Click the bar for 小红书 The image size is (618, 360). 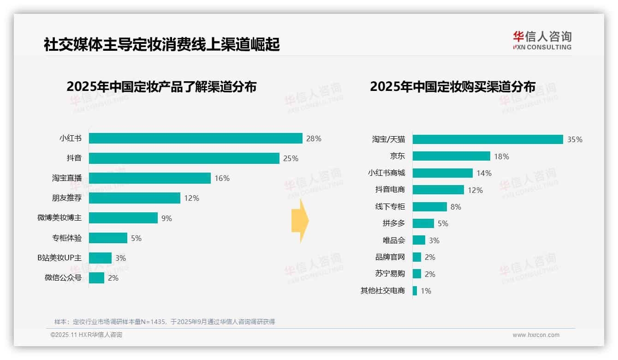tap(196, 138)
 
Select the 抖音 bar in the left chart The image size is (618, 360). tap(184, 158)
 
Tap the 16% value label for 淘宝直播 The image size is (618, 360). tap(222, 178)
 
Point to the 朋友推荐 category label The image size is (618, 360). tap(66, 198)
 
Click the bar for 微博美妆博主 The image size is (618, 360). tap(123, 218)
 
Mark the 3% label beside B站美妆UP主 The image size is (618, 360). tap(120, 258)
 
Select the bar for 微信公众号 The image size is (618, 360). tap(96, 278)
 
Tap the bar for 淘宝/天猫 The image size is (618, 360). tap(487, 139)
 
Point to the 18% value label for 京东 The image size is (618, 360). tap(501, 156)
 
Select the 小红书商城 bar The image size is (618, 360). tap(442, 173)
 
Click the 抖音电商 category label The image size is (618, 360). tap(390, 190)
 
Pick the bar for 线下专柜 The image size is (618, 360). tap(429, 207)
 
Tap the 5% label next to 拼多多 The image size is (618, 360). tap(443, 223)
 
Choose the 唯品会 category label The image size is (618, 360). tap(393, 240)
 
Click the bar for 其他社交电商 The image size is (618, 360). tap(415, 291)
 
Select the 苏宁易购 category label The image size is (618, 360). tap(390, 274)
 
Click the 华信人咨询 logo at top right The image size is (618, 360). tap(542, 41)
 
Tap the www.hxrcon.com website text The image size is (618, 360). tap(536, 335)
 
